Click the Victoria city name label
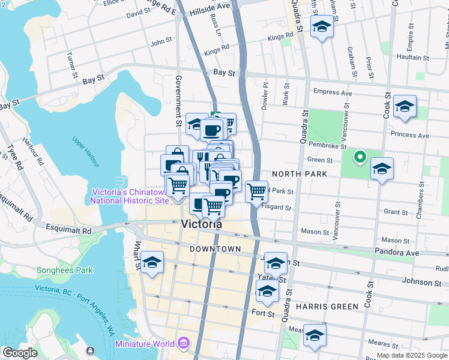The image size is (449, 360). click(201, 224)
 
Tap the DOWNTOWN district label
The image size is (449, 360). click(215, 248)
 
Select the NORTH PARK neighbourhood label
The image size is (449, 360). click(298, 174)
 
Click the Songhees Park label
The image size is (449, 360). click(65, 270)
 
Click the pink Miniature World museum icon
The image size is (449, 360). click(184, 344)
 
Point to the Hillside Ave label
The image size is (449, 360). click(210, 6)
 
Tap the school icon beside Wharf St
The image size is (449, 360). click(152, 263)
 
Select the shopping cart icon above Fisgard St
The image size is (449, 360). click(256, 192)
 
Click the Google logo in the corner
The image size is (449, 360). click(19, 353)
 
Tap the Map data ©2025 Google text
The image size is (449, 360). click(412, 355)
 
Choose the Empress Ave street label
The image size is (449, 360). click(333, 93)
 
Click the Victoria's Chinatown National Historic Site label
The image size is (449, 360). click(130, 196)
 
